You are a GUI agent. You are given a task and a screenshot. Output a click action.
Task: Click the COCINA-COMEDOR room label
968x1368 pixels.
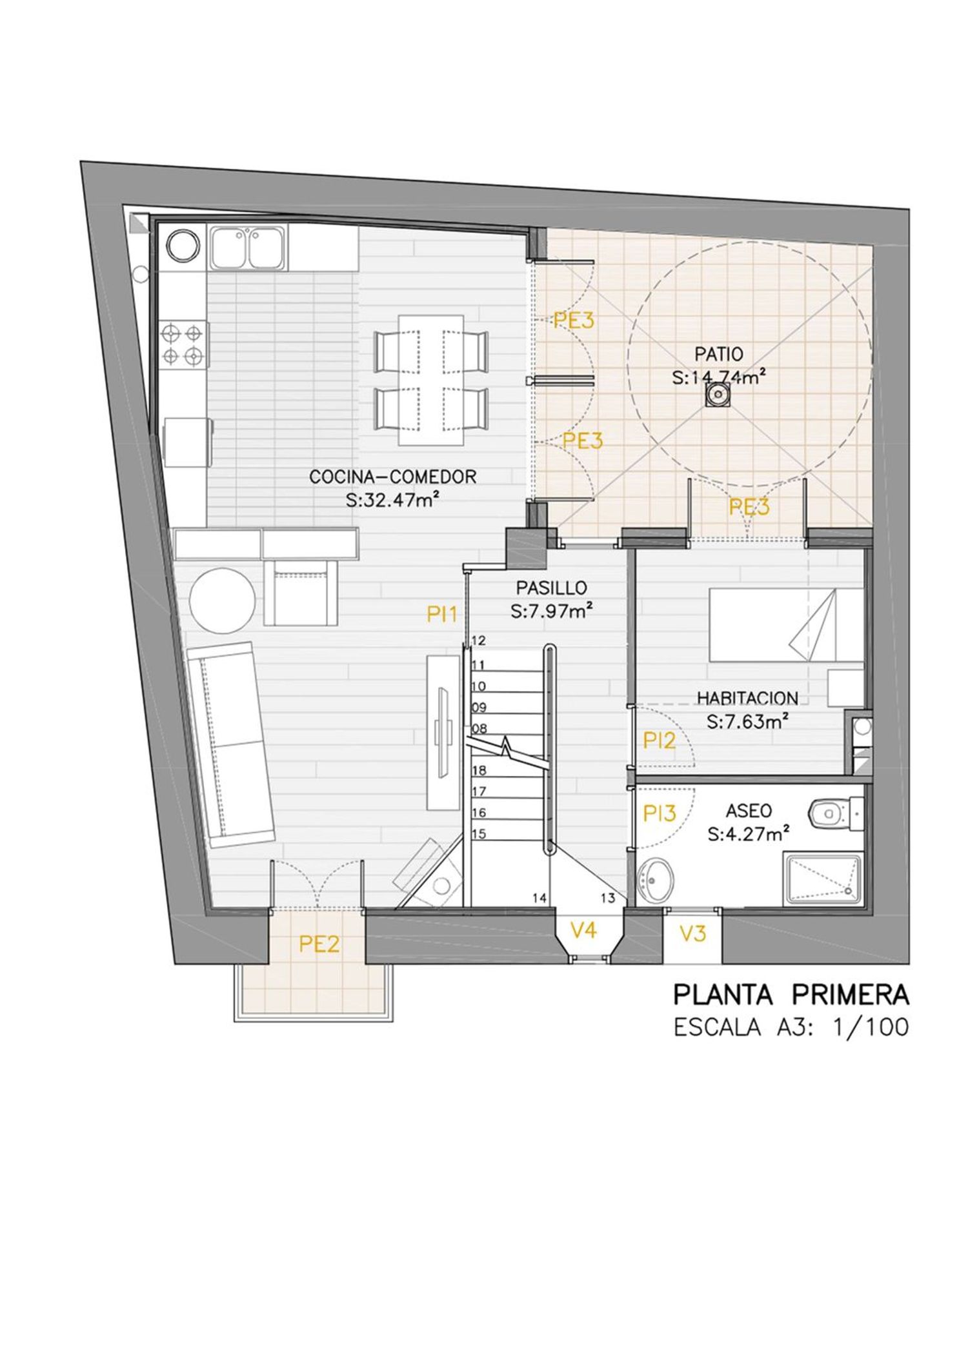[392, 477]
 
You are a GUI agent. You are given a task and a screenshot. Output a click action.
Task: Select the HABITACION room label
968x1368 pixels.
[747, 698]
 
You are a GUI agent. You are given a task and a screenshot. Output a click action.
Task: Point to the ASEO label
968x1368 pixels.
[749, 810]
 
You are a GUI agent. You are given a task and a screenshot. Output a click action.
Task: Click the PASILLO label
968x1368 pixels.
[552, 588]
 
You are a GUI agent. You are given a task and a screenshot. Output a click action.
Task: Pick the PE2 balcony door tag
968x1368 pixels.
[319, 944]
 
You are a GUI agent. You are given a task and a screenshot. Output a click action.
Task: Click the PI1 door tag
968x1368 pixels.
[442, 615]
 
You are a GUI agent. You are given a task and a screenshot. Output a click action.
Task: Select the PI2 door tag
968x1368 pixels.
[660, 740]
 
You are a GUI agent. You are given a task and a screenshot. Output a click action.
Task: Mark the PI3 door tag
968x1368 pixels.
[660, 814]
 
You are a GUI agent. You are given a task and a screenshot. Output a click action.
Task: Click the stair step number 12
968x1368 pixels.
[478, 641]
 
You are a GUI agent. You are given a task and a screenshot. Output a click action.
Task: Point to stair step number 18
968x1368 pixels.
[478, 770]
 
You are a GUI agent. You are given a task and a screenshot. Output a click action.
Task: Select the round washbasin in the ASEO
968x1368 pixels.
[655, 879]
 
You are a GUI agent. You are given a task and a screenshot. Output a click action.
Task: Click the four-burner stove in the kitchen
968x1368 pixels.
[183, 345]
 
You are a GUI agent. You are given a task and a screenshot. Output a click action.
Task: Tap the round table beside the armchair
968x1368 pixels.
[221, 600]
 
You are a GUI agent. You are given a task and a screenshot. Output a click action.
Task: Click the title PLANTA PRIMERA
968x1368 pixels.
[791, 995]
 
